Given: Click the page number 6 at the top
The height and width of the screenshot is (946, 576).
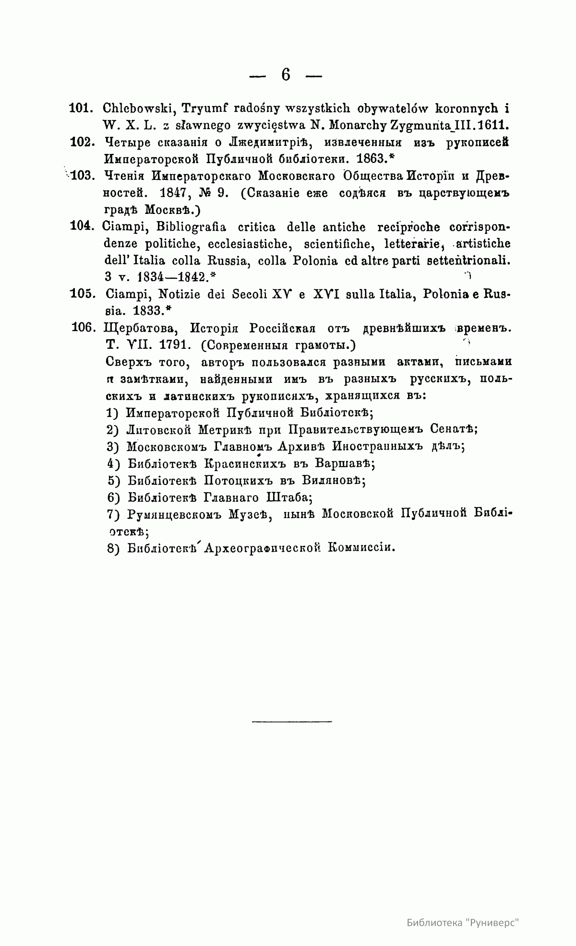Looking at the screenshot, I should pos(286,75).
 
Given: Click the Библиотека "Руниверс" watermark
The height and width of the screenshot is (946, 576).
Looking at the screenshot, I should pos(463,923).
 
